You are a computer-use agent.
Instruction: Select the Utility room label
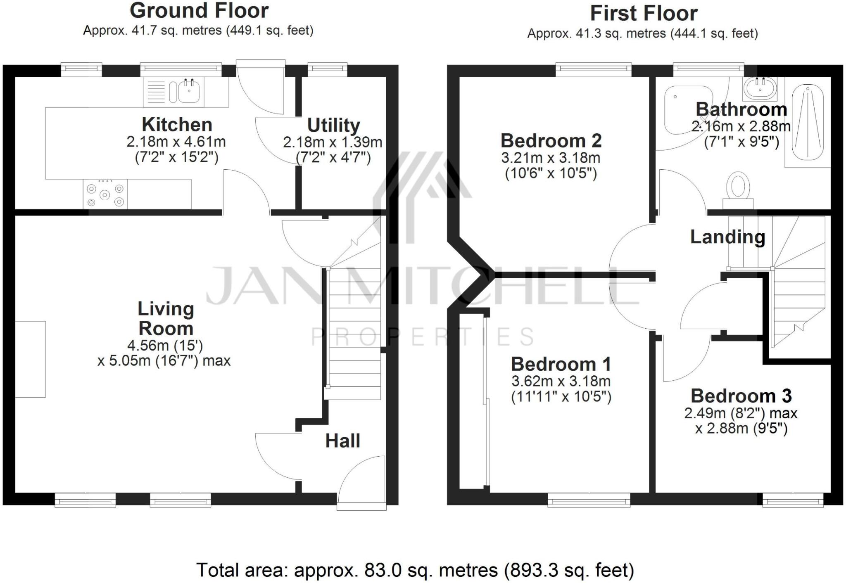[x=333, y=125]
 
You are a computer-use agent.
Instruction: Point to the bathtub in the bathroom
[x=808, y=122]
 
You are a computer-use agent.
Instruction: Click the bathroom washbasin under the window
[x=760, y=88]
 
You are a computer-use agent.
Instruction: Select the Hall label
[x=342, y=441]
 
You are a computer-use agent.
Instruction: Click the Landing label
[x=727, y=237]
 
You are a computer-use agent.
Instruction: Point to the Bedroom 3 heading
[x=741, y=396]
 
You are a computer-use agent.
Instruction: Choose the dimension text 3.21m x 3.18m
[x=551, y=158]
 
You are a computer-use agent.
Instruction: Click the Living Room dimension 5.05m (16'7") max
[x=164, y=361]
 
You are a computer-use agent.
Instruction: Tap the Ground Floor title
[x=199, y=11]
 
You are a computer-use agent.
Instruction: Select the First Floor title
[x=644, y=13]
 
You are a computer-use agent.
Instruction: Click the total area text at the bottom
[x=415, y=570]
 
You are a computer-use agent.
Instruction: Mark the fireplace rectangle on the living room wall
[x=30, y=359]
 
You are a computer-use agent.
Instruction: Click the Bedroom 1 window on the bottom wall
[x=589, y=500]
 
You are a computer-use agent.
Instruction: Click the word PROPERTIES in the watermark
[x=422, y=337]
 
